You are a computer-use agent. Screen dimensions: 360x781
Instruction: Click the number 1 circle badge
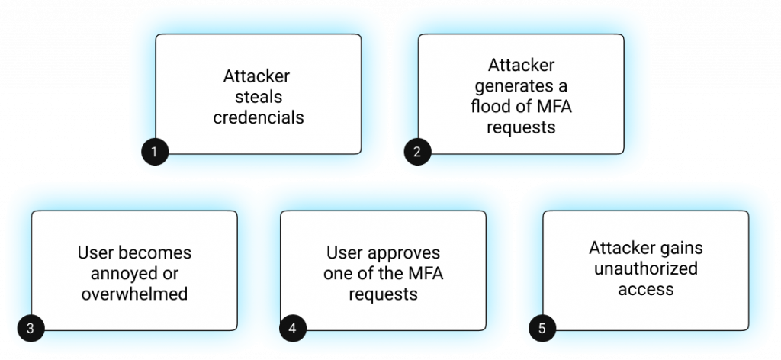[x=154, y=151]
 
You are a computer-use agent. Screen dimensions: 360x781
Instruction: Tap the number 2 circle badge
[x=416, y=151]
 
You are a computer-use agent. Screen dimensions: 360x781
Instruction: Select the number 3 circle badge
[x=30, y=329]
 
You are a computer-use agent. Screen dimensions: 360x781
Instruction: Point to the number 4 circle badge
[x=292, y=329]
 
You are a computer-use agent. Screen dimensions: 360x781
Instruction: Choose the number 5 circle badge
[x=542, y=329]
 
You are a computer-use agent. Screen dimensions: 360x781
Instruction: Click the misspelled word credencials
[x=258, y=117]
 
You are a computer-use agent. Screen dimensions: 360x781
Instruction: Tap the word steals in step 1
[x=258, y=97]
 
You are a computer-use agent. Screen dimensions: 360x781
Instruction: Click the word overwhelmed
[x=134, y=293]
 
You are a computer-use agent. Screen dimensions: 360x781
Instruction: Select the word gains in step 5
[x=684, y=249]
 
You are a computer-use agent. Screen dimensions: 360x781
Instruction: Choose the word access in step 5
[x=646, y=289]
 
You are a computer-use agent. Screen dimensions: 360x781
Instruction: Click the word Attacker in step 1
[x=257, y=76]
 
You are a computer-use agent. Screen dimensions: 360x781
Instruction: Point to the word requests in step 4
[x=384, y=293]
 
